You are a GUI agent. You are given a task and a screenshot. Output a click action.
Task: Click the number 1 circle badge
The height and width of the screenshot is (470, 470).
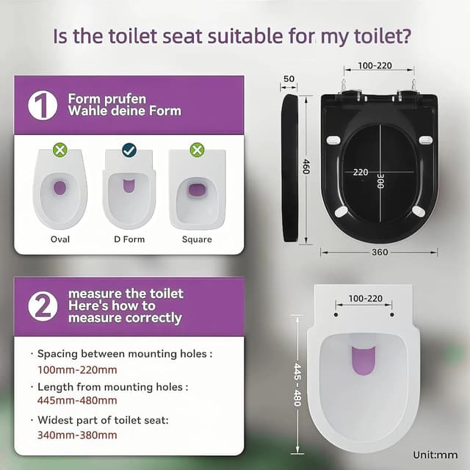(43, 106)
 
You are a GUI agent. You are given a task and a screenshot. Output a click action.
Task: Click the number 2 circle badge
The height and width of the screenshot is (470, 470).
(43, 305)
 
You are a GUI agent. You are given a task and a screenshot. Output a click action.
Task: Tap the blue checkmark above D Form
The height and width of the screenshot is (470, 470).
(129, 150)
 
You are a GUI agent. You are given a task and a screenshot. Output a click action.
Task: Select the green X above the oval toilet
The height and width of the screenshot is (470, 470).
(60, 150)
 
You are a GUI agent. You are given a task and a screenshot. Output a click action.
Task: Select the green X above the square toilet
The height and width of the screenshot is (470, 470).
(197, 150)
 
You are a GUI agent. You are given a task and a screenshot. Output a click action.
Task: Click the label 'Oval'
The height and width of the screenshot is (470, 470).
(60, 239)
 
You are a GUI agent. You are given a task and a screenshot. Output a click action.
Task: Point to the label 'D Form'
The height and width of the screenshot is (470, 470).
(129, 239)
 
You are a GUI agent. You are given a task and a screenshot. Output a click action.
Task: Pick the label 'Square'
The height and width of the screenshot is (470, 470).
(197, 239)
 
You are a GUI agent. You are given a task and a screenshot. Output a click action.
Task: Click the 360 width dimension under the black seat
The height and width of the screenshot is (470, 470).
(379, 252)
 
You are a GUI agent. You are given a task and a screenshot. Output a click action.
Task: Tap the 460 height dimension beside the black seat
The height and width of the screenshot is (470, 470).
(307, 167)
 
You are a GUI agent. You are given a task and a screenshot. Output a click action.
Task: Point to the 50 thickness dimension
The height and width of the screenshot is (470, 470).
(289, 79)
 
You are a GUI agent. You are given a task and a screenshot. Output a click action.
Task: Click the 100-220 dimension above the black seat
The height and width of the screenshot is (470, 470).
(374, 66)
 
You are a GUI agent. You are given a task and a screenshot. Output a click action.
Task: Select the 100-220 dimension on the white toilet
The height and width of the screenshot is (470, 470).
(364, 299)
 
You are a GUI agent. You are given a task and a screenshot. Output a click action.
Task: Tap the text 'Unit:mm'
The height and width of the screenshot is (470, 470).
(435, 455)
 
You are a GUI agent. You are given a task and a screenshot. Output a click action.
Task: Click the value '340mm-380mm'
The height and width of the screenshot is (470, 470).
(77, 435)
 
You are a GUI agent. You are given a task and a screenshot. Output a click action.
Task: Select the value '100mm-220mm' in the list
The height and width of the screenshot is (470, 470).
(77, 369)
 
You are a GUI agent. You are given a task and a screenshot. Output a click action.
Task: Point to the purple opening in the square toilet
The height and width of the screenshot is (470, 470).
(197, 190)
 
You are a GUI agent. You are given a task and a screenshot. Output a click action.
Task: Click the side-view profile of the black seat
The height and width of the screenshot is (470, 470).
(290, 167)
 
